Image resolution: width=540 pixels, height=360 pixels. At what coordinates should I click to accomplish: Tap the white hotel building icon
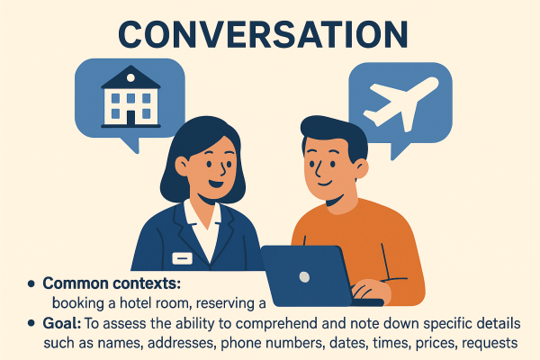click(130, 96)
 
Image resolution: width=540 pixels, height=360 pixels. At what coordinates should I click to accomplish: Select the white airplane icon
click(398, 102)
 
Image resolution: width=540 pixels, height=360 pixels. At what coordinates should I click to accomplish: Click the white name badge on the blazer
click(183, 258)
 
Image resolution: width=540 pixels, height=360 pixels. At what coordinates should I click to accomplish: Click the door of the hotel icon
click(130, 115)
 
